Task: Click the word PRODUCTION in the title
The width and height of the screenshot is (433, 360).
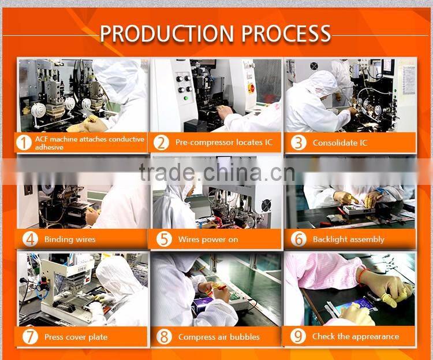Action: (167, 34)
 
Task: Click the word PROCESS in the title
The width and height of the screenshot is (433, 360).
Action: (286, 34)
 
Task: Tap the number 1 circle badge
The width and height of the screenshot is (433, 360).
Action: (24, 143)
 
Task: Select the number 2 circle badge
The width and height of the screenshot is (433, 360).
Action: (161, 143)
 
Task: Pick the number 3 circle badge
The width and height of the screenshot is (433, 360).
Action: (298, 143)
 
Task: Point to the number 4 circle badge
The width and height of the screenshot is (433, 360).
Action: (30, 239)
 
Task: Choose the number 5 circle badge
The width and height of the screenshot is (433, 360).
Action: (164, 239)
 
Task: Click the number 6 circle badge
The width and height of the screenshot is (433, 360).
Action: (299, 239)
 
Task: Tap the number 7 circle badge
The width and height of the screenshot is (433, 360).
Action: (30, 337)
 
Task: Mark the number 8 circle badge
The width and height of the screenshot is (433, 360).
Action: (164, 337)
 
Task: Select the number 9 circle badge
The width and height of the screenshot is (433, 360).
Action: (298, 336)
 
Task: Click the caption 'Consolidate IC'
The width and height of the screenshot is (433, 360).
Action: (340, 143)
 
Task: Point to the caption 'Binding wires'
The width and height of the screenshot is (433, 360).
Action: (70, 239)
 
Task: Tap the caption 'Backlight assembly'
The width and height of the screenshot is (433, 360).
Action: (349, 239)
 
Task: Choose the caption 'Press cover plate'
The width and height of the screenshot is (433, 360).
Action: (76, 337)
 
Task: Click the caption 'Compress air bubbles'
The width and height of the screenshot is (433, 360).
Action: (219, 337)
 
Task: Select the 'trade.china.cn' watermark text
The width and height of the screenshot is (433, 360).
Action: (217, 172)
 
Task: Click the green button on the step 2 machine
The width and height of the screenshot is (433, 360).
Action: (186, 98)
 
